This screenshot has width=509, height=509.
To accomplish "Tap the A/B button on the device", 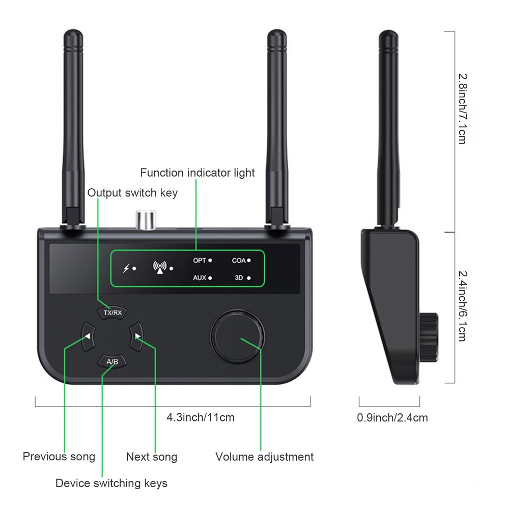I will pos(112,361).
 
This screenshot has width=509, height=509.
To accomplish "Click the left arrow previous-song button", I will pos(88,336).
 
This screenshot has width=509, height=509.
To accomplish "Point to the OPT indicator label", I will pos(200,260).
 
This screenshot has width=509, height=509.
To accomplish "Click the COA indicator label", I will pos(239,260).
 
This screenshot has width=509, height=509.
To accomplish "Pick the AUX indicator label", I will pos(200,278).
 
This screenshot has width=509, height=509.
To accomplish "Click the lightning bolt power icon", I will pos(126,268).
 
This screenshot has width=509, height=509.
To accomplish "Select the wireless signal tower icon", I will pos(160,268).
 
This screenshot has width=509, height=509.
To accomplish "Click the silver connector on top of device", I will pos(145,220).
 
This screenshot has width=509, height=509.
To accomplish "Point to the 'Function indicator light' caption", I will pos(197,173).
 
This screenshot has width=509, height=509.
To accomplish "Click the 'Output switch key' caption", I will pos(132,193).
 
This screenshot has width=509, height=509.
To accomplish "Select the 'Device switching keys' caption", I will pos(111,483).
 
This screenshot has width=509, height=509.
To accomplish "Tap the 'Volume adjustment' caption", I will pos(264,457).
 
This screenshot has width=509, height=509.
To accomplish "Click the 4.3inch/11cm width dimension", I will pos(201,418).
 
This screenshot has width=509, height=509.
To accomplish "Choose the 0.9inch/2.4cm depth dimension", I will pos(392,418).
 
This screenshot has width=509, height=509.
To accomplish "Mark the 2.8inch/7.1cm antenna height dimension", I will pos(462,108).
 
